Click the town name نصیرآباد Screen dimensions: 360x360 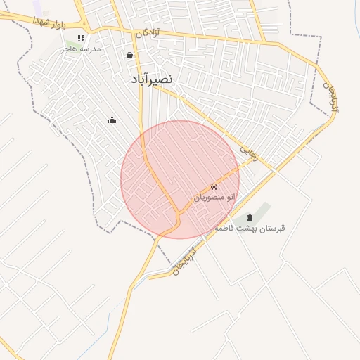point(151,79)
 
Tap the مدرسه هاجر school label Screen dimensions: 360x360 point(81,49)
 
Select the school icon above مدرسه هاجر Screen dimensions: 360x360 point(81,38)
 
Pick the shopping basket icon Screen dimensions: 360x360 point(129,55)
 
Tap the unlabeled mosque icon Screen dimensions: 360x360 point(112,120)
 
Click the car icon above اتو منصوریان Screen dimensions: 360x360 point(213,187)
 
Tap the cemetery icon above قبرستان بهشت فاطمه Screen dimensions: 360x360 point(250,217)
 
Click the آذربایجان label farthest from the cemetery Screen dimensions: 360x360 point(330,95)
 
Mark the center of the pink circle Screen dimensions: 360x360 point(180,179)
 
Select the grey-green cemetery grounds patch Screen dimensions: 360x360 point(262,211)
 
